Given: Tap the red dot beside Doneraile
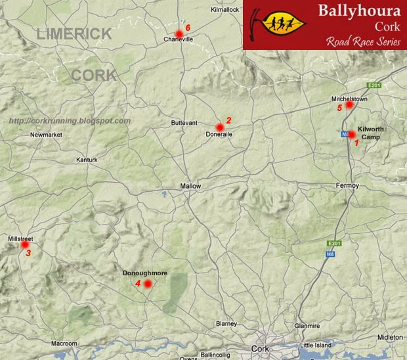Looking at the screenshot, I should tap(219, 127).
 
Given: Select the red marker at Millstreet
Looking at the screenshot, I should tap(26, 244).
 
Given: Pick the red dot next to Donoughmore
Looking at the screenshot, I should tap(148, 284).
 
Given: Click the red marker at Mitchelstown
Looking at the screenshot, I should tap(350, 104).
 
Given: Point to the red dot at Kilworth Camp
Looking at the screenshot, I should tap(352, 135).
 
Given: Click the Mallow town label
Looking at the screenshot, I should tap(190, 187).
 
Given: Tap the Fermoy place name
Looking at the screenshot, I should tap(347, 186).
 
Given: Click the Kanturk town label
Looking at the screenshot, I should tap(86, 160).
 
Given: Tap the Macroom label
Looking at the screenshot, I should tap(65, 344).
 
